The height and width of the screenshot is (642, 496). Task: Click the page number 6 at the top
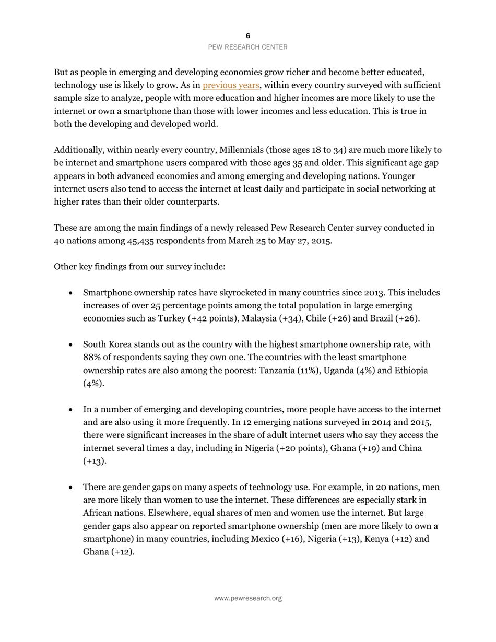pyautogui.click(x=247, y=35)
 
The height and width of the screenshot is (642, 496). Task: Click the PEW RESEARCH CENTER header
pyautogui.click(x=247, y=47)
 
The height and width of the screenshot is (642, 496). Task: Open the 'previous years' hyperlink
pyautogui.click(x=230, y=85)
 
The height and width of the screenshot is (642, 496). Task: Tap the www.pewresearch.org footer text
pyautogui.click(x=247, y=598)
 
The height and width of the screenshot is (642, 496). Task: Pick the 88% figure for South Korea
pyautogui.click(x=92, y=358)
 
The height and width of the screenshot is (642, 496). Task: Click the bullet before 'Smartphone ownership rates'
pyautogui.click(x=71, y=293)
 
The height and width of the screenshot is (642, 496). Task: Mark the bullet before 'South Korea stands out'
pyautogui.click(x=71, y=345)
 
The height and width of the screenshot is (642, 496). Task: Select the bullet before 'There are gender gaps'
pyautogui.click(x=71, y=488)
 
